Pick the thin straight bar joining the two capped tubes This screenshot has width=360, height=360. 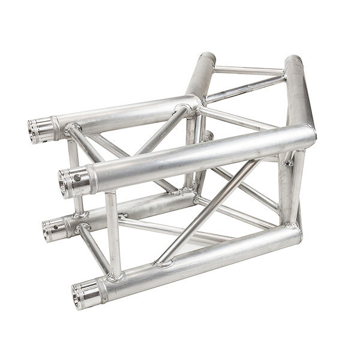point(249,70)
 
